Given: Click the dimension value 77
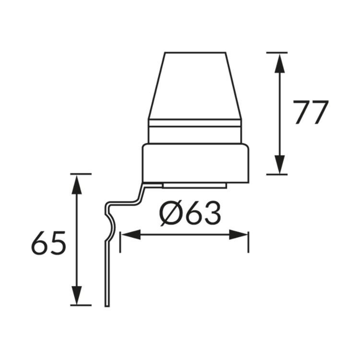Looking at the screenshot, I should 311,113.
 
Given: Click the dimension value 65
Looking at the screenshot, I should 48,243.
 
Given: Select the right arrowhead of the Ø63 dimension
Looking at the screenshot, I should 239,235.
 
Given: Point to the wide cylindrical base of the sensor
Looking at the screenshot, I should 196,163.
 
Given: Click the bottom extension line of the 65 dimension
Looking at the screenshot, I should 80,305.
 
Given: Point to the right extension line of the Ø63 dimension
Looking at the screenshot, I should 248,242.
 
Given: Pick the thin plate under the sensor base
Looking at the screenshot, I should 194,185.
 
